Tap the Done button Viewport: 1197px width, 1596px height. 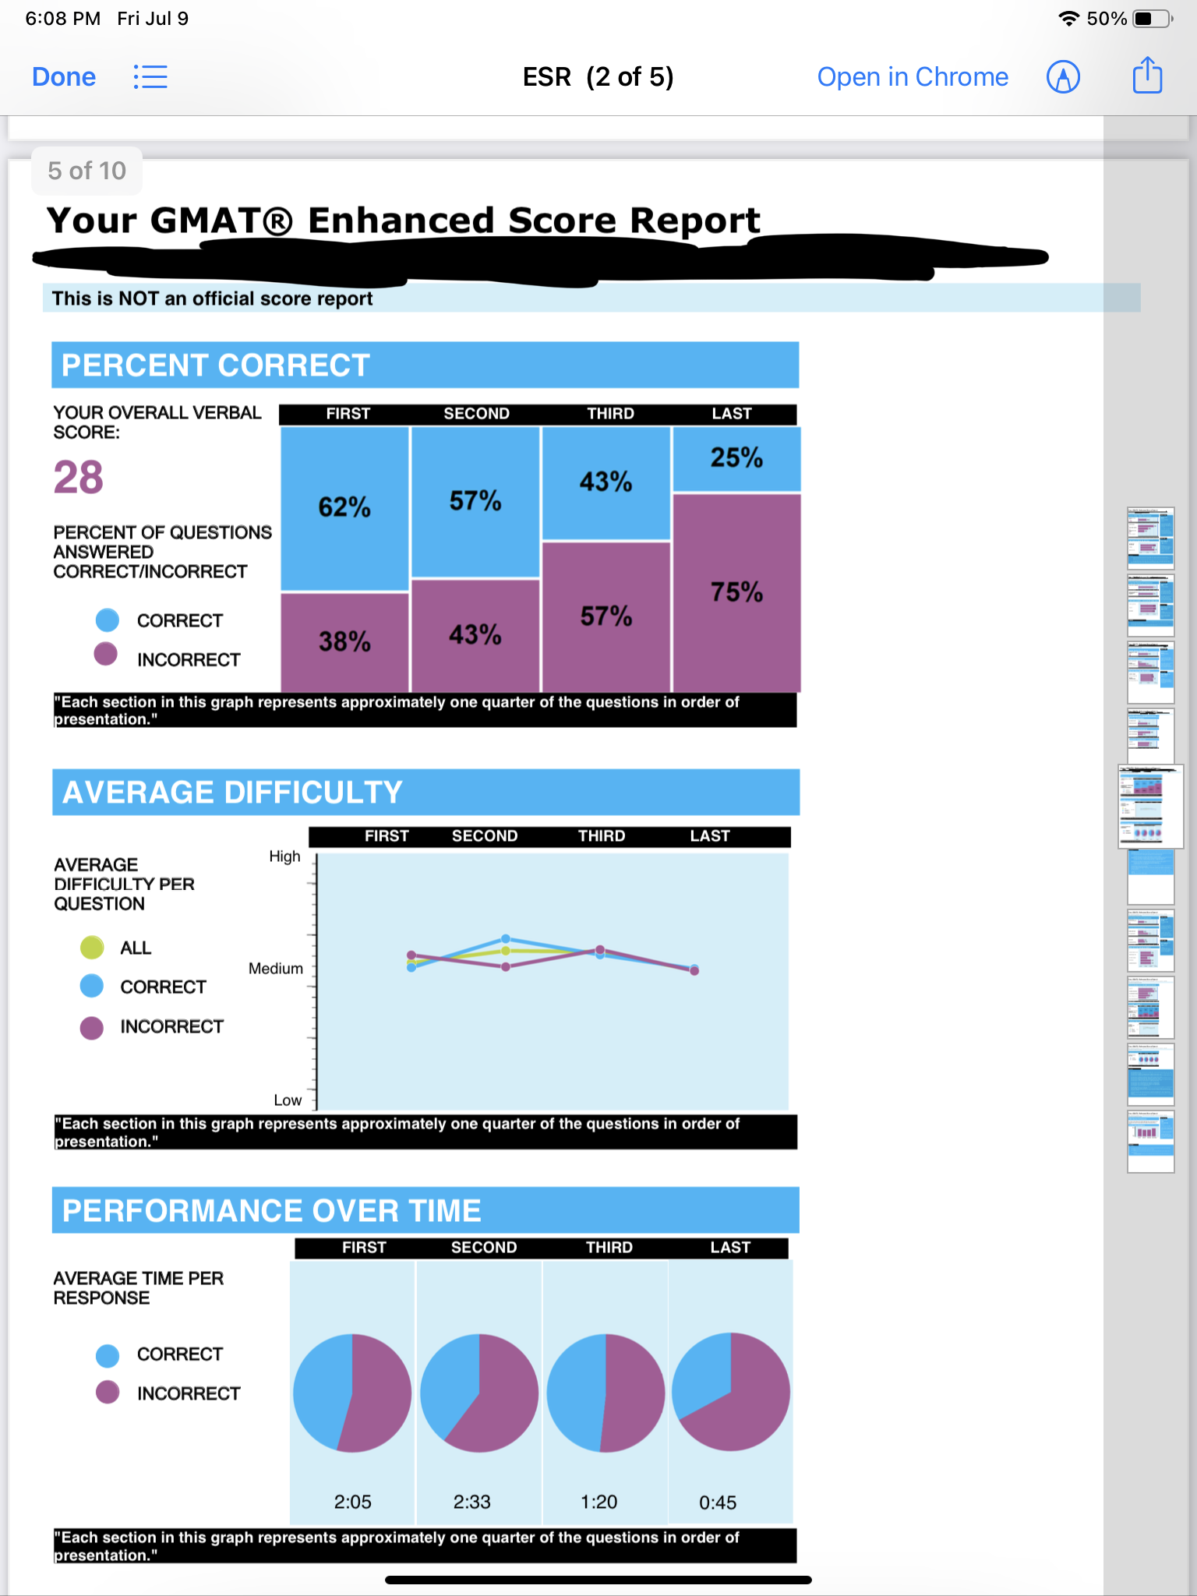coord(64,77)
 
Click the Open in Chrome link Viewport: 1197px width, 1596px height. coord(913,77)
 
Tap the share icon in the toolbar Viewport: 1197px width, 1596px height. coord(1147,76)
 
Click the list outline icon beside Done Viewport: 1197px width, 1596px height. coord(150,77)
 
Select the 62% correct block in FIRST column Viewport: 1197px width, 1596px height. coord(344,507)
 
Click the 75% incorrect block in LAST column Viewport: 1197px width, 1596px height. coord(736,592)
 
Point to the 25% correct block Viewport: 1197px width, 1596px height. coord(736,458)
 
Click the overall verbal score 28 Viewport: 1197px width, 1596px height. coord(79,477)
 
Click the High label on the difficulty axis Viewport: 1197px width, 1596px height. coord(284,856)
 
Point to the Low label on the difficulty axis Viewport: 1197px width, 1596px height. coord(288,1100)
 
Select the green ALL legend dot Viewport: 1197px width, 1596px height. coord(92,948)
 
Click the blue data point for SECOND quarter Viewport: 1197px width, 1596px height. coord(506,938)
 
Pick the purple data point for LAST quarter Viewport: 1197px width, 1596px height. coord(694,971)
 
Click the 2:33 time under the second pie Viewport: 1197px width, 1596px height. coord(472,1502)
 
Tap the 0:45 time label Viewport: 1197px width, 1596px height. coord(718,1502)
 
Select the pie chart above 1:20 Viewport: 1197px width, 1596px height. coord(606,1393)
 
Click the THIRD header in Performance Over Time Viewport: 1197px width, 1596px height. coord(609,1248)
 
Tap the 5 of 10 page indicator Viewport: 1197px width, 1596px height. coord(87,171)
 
